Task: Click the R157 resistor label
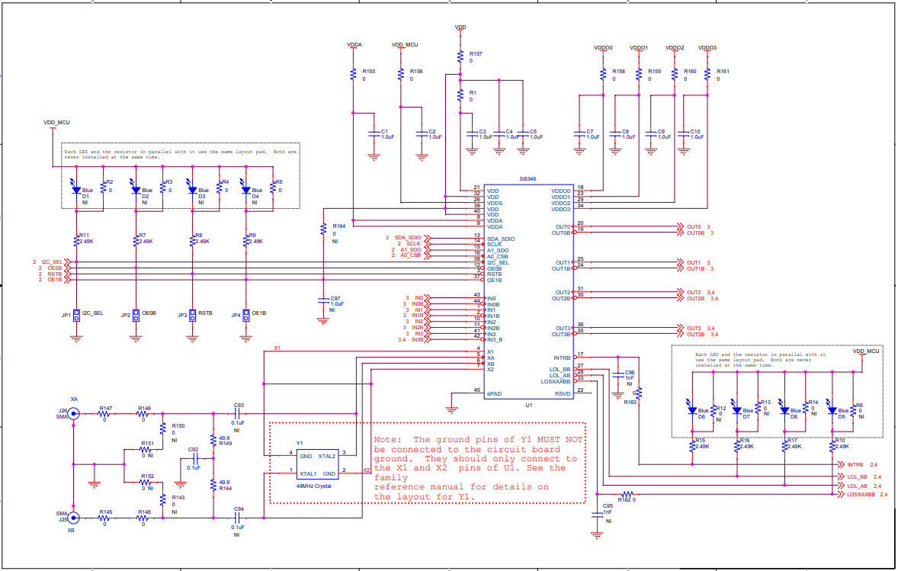[x=476, y=54]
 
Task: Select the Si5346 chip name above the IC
[x=528, y=178]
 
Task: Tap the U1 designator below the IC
[x=528, y=406]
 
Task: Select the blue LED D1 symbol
[x=76, y=188]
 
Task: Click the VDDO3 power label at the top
[x=707, y=48]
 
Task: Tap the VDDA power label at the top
[x=354, y=45]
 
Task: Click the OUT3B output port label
[x=691, y=334]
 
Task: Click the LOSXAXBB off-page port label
[x=861, y=495]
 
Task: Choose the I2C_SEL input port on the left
[x=52, y=261]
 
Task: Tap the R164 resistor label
[x=338, y=226]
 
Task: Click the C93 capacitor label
[x=239, y=405]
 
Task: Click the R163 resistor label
[x=630, y=401]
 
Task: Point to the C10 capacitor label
[x=694, y=131]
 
